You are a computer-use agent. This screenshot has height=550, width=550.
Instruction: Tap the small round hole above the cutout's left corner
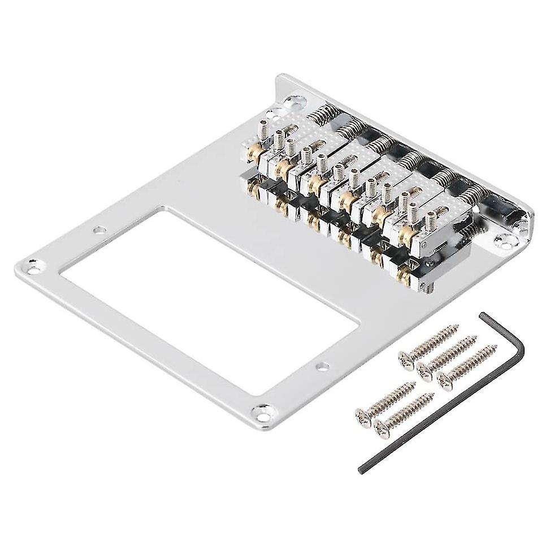(99, 229)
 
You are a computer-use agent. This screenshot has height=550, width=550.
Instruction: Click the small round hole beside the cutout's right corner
(323, 366)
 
